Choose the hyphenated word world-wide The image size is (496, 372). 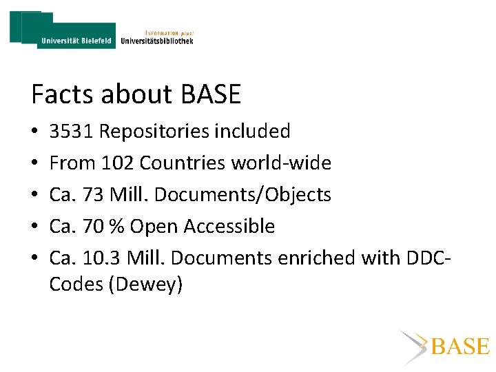(x=280, y=163)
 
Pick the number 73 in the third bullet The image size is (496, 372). (x=92, y=195)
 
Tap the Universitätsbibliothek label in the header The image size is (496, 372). (x=156, y=41)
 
